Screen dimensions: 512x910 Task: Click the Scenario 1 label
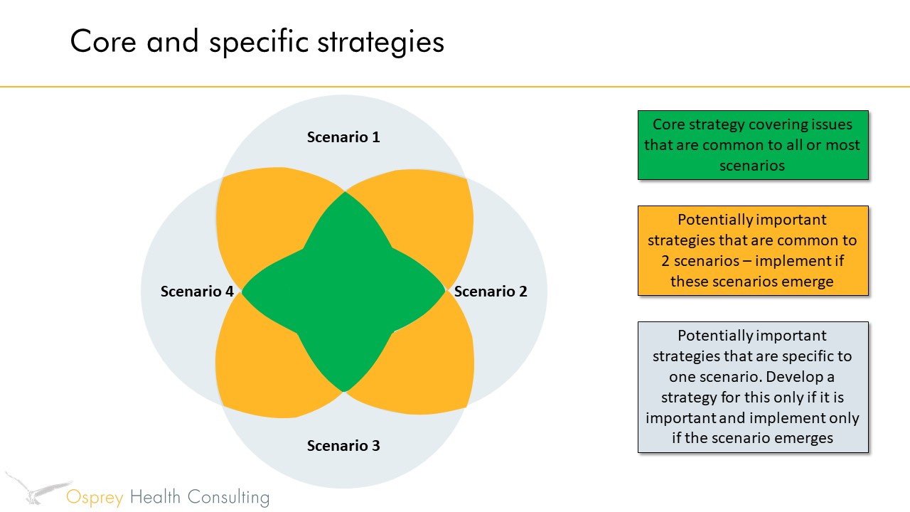343,137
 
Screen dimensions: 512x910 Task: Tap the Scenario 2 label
491,291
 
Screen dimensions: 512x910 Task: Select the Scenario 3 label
343,446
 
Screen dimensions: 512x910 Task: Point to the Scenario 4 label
197,291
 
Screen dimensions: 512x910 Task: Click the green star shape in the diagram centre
344,292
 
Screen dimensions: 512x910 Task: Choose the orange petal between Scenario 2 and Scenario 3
419,363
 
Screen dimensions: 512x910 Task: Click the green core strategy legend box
753,145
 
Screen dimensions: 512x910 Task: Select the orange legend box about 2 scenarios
753,250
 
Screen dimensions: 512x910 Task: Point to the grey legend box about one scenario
753,387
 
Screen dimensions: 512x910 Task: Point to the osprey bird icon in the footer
36,488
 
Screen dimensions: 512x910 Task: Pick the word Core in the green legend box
670,124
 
